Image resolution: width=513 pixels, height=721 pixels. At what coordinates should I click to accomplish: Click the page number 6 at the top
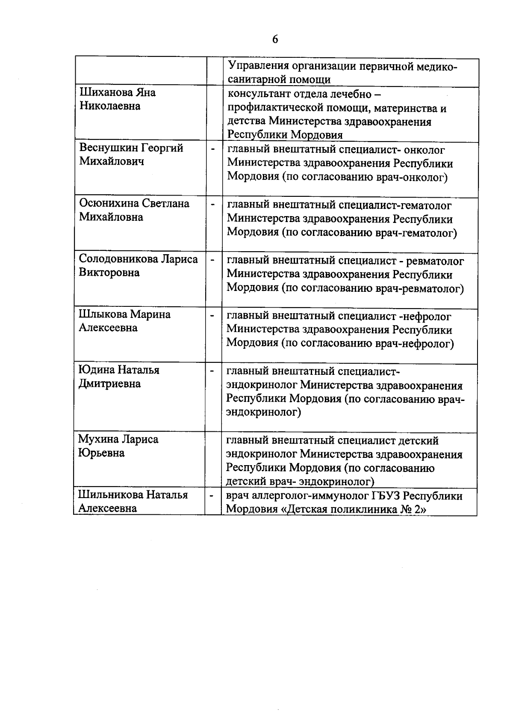click(275, 39)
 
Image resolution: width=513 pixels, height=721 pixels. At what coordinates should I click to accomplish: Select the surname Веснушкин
click(109, 148)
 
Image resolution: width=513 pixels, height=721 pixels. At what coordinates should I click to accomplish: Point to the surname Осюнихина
click(109, 203)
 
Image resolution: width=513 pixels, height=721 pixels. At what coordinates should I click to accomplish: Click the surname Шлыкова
click(103, 314)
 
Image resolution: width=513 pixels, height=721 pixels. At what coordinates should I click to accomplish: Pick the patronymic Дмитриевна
click(109, 383)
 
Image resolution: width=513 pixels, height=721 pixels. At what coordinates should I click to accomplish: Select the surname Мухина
click(98, 439)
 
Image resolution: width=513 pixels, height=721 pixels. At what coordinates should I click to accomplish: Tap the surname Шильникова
click(111, 495)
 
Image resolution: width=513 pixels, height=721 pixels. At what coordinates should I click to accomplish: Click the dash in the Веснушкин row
click(212, 149)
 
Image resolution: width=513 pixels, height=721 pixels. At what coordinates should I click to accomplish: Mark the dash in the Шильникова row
click(212, 496)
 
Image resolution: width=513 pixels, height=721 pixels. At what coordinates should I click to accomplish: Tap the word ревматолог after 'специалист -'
click(435, 261)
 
